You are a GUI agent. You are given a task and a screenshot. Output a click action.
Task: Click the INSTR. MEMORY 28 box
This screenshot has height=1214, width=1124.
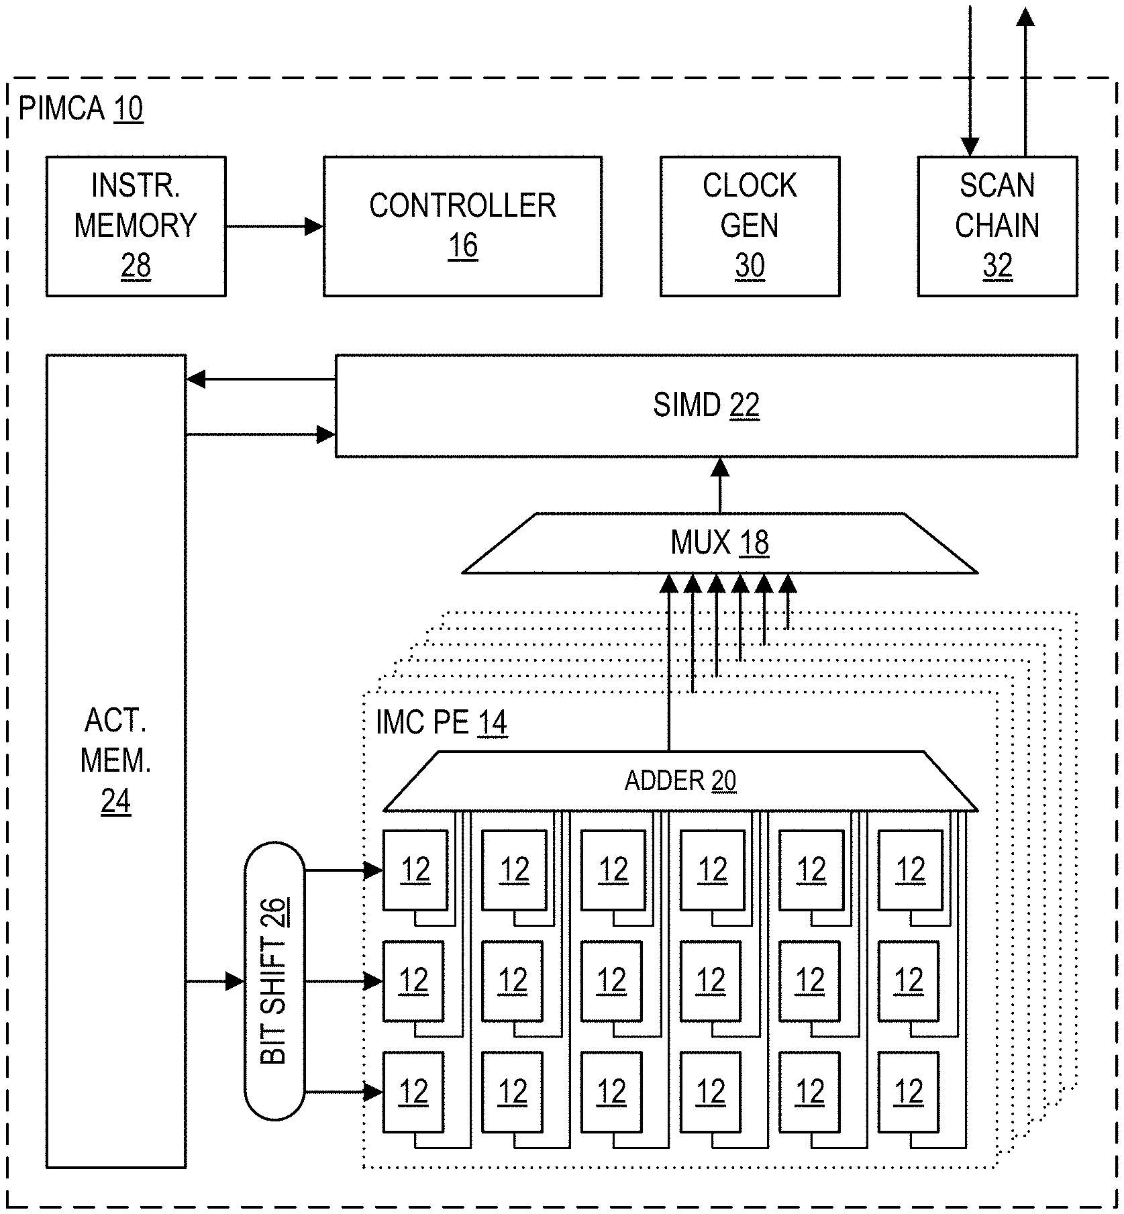click(x=136, y=226)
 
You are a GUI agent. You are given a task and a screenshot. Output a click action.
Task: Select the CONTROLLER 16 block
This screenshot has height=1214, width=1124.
click(x=462, y=226)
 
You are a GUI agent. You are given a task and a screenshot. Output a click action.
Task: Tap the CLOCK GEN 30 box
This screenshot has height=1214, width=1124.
click(x=750, y=226)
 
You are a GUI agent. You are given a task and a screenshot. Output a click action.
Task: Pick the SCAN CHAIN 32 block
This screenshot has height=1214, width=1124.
click(x=997, y=226)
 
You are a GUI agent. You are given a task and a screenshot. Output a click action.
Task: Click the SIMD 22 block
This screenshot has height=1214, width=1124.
click(x=706, y=406)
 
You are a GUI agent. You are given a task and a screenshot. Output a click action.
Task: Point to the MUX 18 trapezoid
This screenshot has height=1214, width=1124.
click(x=719, y=544)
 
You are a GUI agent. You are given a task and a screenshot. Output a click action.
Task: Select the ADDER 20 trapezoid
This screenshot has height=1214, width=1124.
click(x=680, y=781)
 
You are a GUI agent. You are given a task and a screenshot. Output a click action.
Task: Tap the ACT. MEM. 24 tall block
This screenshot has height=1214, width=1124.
click(x=115, y=761)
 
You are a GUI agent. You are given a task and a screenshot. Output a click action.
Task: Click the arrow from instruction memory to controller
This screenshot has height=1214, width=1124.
click(x=274, y=227)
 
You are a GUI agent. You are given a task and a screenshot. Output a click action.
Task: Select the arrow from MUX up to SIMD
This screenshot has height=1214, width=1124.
click(x=720, y=485)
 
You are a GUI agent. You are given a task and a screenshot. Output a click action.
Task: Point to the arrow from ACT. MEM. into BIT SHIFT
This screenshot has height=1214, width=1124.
click(x=215, y=982)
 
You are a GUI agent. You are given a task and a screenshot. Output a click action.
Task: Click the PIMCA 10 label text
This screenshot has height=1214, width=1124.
click(x=81, y=109)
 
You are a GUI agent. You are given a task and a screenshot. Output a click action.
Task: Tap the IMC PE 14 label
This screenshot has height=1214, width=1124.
click(x=441, y=723)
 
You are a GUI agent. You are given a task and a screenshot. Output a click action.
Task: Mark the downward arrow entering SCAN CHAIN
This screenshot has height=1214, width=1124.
click(x=970, y=81)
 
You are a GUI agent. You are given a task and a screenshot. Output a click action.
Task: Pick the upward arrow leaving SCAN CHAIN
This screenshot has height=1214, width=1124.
click(x=1025, y=81)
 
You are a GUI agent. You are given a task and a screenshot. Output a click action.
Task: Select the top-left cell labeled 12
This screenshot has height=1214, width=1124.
click(x=415, y=870)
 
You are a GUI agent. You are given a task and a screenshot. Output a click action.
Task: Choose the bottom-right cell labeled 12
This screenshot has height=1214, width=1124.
click(x=909, y=1092)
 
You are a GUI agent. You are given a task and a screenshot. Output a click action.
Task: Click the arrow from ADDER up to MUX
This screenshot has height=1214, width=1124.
click(x=668, y=664)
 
